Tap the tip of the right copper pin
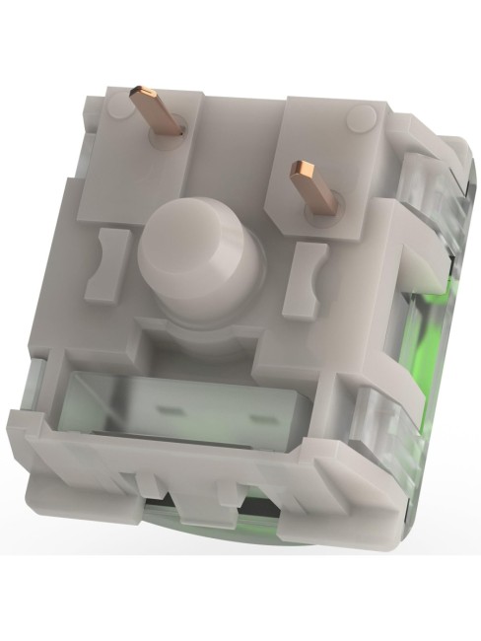pos(300,174)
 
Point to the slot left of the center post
pos(105,265)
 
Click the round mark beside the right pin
pos(362,120)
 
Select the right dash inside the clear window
pos(260,418)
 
